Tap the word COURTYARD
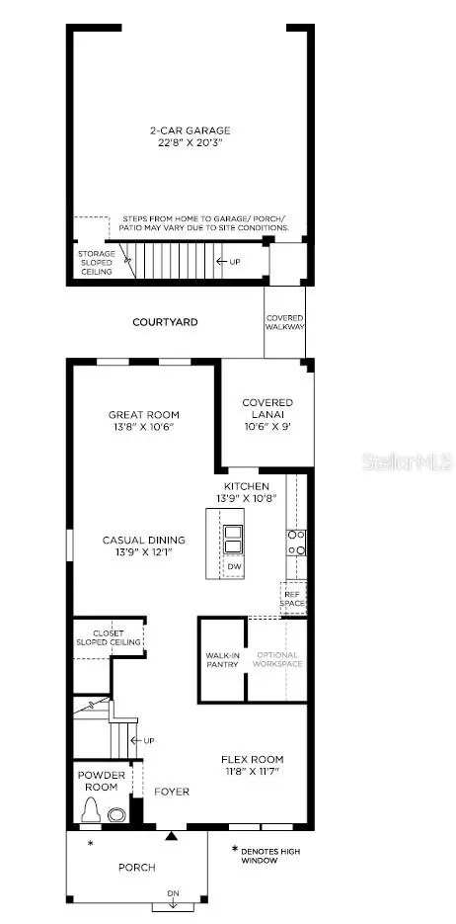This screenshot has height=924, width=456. click(166, 322)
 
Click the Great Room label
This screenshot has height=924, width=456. click(144, 415)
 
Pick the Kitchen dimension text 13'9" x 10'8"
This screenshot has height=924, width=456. click(247, 500)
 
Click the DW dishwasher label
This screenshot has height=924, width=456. click(235, 566)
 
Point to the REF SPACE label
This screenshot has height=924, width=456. click(292, 598)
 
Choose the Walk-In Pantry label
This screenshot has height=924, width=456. click(222, 659)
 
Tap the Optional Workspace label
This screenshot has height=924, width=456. click(278, 659)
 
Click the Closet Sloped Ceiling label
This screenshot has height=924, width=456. click(109, 637)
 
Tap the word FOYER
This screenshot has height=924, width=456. click(171, 792)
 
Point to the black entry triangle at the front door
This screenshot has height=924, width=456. click(173, 836)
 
